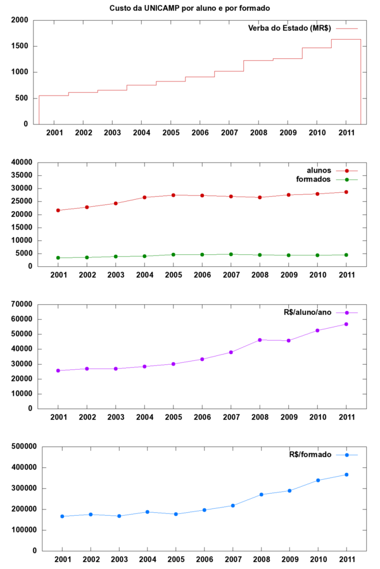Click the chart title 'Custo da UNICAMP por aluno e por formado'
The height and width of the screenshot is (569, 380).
pyautogui.click(x=189, y=7)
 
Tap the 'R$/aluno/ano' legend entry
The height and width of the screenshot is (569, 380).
pyautogui.click(x=306, y=313)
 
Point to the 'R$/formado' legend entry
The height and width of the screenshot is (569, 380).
pyautogui.click(x=310, y=455)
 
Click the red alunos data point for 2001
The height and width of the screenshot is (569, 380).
pyautogui.click(x=58, y=210)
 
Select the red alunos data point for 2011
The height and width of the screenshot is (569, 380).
pyautogui.click(x=346, y=192)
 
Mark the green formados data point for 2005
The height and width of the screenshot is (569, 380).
pyautogui.click(x=174, y=254)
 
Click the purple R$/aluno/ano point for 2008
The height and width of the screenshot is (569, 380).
pyautogui.click(x=260, y=340)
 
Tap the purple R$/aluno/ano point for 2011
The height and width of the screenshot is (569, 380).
pyautogui.click(x=346, y=324)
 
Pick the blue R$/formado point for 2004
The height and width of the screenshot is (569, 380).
pyautogui.click(x=149, y=512)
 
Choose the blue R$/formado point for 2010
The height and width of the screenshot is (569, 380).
pyautogui.click(x=318, y=480)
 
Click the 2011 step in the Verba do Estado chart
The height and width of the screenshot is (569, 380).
pyautogui.click(x=346, y=39)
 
